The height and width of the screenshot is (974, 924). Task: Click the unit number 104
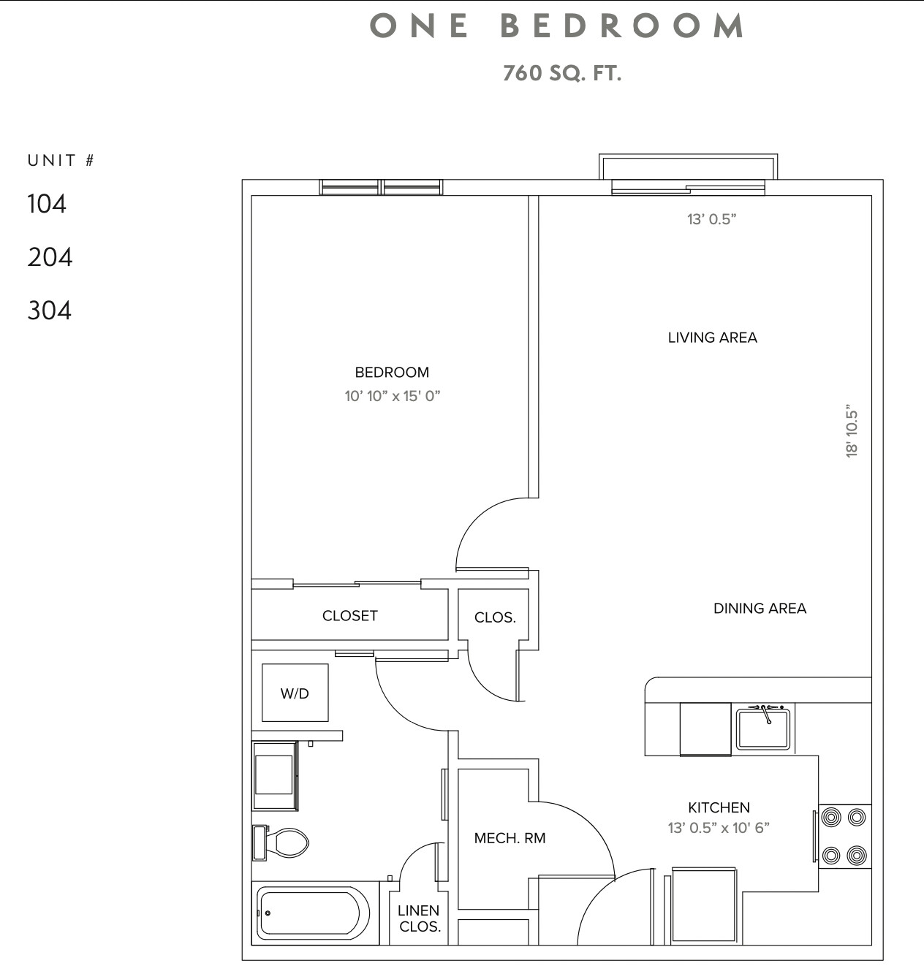[x=47, y=204]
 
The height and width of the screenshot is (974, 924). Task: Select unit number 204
[x=50, y=257]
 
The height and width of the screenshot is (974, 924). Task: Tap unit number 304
[x=50, y=311]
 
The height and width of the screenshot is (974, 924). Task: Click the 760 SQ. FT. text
[x=561, y=73]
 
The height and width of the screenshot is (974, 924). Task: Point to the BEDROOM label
[x=392, y=372]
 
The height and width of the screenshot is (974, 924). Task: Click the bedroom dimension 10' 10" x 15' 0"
[x=393, y=396]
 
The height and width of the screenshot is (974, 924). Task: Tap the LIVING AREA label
[x=712, y=338]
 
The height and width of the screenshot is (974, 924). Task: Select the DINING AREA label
[x=760, y=608]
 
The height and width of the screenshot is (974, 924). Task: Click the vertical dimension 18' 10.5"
[x=852, y=431]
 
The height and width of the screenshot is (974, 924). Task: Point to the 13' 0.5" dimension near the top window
[x=711, y=219]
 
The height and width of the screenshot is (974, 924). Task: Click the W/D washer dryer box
[x=295, y=693]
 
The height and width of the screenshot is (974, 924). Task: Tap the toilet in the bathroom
[x=282, y=842]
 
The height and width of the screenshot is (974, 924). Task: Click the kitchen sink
[x=762, y=728]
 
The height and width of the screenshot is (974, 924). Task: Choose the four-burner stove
[x=844, y=836]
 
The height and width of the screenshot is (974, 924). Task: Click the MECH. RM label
[x=510, y=838]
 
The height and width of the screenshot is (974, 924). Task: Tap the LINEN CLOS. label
[x=419, y=918]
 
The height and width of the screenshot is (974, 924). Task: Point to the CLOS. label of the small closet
[x=495, y=617]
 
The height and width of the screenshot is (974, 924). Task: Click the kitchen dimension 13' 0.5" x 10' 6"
[x=719, y=828]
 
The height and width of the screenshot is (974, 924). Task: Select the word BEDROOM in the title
[x=623, y=26]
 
